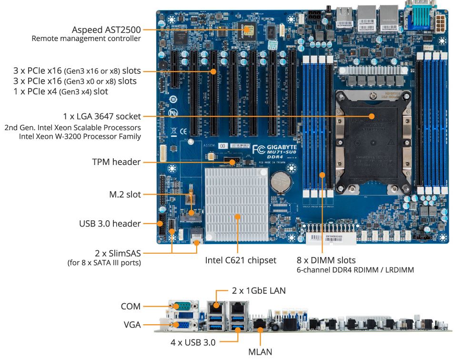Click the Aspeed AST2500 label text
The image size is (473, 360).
(106, 29)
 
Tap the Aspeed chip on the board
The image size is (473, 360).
(247, 30)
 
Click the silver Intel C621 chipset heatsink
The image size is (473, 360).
(237, 204)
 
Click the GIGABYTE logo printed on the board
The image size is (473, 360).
(281, 147)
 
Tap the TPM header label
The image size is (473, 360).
(116, 162)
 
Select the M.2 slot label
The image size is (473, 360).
(125, 195)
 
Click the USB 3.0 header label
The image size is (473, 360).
(110, 223)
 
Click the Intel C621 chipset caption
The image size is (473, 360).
(241, 260)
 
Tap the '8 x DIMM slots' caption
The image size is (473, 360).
(326, 260)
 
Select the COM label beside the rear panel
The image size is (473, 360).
(131, 307)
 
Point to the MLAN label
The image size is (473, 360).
(260, 352)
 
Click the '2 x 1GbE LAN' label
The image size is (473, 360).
(259, 290)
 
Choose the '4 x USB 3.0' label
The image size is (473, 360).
(193, 342)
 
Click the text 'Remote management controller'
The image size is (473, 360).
(86, 39)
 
